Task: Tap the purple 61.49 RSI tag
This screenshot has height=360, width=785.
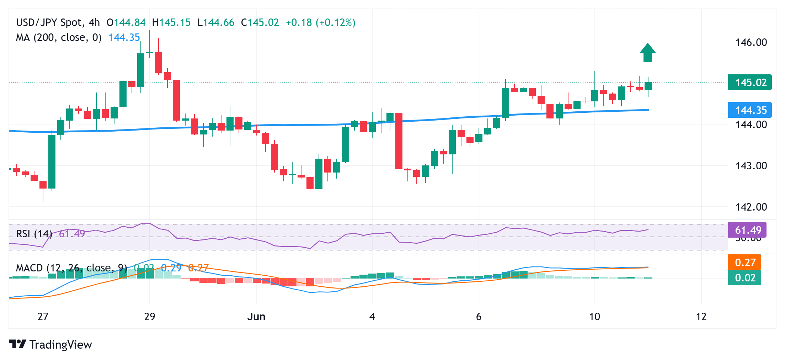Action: tap(747, 230)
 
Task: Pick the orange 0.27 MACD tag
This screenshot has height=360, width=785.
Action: tap(744, 263)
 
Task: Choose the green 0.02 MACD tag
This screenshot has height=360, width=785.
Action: tap(744, 277)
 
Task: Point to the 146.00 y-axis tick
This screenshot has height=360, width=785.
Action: tap(751, 42)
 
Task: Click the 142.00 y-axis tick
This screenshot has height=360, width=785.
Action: tap(751, 207)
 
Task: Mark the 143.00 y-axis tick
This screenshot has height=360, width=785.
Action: tap(751, 165)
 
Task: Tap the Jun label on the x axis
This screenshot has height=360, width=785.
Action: tap(256, 317)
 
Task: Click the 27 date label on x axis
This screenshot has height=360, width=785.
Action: tap(43, 317)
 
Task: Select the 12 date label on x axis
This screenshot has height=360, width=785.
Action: tap(701, 317)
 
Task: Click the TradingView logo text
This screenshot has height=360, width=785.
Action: tap(60, 344)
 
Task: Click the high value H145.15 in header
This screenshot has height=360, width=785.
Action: tap(171, 22)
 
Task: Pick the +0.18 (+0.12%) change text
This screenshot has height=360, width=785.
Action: tap(320, 22)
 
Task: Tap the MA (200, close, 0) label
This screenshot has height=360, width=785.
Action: tap(59, 37)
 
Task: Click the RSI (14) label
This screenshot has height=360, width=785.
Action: tap(34, 234)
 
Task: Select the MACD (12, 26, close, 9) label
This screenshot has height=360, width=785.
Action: tap(71, 268)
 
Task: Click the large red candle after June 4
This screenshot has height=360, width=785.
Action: tap(399, 141)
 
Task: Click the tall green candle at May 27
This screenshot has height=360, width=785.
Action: tap(52, 161)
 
